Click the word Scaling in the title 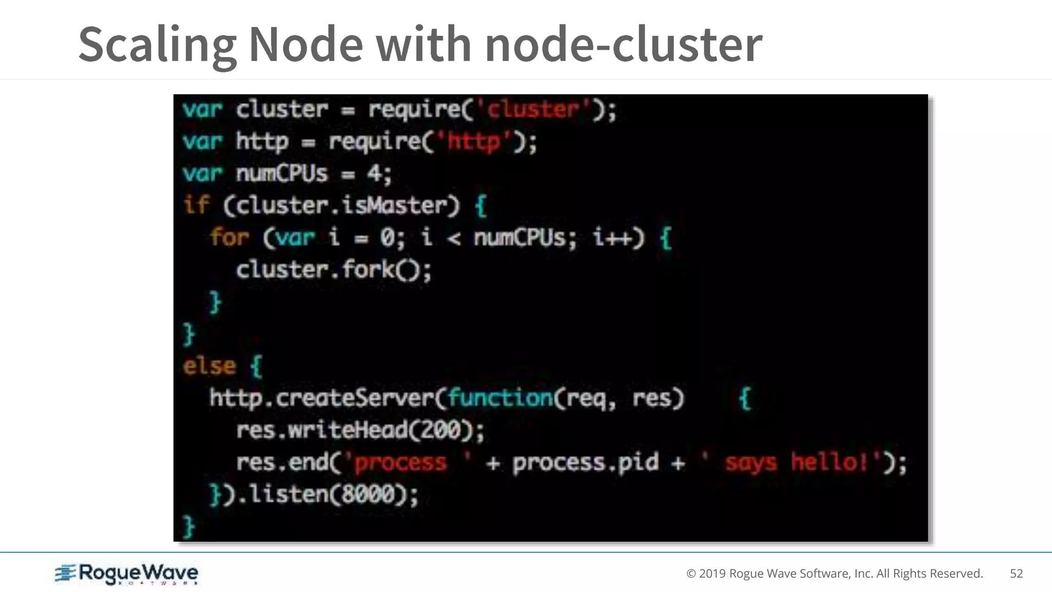point(157,45)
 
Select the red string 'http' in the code point(473,141)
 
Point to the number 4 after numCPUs point(374,174)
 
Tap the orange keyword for point(229,238)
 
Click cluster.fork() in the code point(333,270)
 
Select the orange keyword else point(210,366)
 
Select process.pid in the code point(585,462)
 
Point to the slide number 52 point(1016,573)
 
